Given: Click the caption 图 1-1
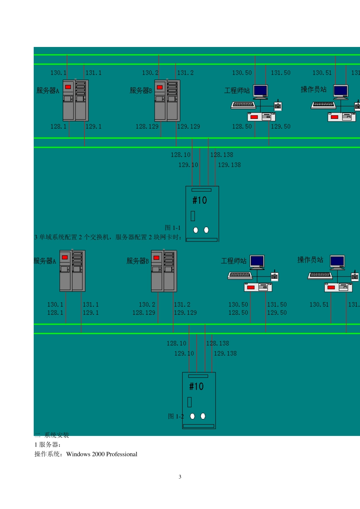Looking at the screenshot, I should (x=173, y=228).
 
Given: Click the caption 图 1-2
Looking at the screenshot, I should (x=175, y=416).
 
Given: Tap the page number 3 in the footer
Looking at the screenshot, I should (x=180, y=477).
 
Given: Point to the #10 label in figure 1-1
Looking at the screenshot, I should (x=200, y=200).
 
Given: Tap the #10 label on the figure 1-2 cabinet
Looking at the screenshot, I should (x=196, y=387).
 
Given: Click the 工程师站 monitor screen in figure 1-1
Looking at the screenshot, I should (x=260, y=91).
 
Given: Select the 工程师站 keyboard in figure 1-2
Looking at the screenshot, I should (x=240, y=275).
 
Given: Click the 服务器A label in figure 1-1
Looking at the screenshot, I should (x=48, y=91).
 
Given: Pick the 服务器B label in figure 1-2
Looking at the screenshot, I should (x=138, y=261).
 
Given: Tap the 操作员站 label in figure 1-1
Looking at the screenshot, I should (x=313, y=89).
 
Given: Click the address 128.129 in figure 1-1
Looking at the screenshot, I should (x=147, y=126).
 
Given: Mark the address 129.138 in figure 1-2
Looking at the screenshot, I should (x=225, y=353).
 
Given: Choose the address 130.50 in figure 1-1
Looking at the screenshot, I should (x=242, y=73).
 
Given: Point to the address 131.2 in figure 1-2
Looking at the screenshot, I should (x=182, y=304).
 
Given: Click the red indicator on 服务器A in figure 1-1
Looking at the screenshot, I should (x=68, y=87).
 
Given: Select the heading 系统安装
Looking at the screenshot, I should (x=56, y=435).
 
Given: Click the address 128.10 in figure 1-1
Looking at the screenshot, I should (x=180, y=155).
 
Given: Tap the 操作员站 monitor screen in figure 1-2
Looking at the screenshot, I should (x=337, y=261).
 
